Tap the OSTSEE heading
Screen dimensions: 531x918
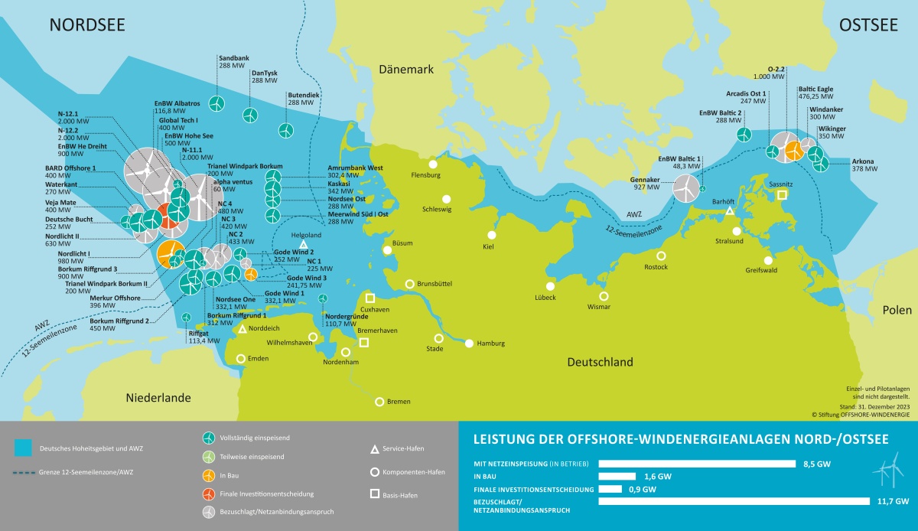point(868,25)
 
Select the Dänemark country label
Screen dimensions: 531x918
point(406,70)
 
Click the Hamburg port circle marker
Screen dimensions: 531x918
point(468,344)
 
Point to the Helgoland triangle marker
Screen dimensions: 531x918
point(304,245)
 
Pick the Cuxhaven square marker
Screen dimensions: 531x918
point(370,298)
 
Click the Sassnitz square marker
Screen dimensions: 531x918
point(782,195)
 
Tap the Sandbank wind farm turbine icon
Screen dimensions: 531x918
point(216,102)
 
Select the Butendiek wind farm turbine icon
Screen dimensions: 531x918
point(286,131)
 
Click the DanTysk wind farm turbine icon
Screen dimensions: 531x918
point(249,115)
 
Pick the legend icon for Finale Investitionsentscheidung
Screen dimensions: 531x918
point(207,494)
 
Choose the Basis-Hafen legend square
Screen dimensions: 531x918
point(375,494)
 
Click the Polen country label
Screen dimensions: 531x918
point(896,310)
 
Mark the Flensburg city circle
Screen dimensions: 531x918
point(433,164)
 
